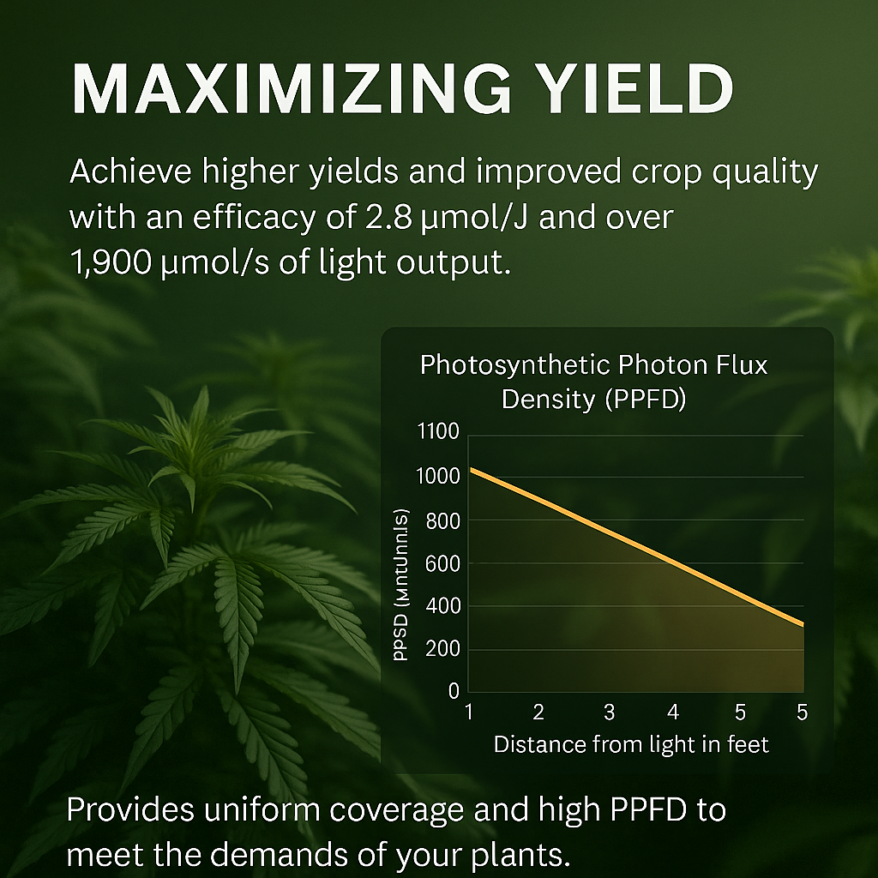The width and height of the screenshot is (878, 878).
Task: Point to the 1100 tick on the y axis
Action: pyautogui.click(x=437, y=432)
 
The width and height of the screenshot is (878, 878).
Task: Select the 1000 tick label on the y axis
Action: pyautogui.click(x=437, y=478)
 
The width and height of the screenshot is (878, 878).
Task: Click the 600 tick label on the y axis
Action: pyautogui.click(x=442, y=563)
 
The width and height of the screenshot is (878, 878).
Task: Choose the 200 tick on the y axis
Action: pyautogui.click(x=442, y=649)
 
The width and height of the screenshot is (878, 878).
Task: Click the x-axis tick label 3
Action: pyautogui.click(x=609, y=713)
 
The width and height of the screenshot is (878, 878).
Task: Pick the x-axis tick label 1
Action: pyautogui.click(x=469, y=713)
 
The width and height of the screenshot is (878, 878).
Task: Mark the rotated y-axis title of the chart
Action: pyautogui.click(x=400, y=585)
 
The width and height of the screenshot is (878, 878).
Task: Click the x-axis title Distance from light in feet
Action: pyautogui.click(x=631, y=744)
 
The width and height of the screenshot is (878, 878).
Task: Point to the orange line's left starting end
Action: pyautogui.click(x=471, y=470)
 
